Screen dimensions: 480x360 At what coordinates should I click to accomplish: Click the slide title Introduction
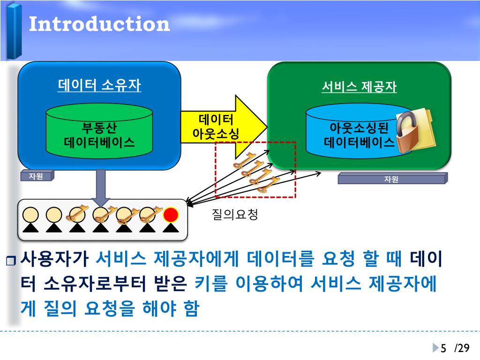tap(99, 24)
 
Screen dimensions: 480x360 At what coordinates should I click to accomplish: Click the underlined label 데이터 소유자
tap(99, 85)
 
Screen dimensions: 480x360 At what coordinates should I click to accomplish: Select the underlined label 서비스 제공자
tap(359, 87)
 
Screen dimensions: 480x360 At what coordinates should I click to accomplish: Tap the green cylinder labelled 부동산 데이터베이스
tap(99, 134)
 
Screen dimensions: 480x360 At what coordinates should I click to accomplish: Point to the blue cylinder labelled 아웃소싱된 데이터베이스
tap(356, 134)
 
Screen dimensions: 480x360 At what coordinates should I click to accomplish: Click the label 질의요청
tap(235, 215)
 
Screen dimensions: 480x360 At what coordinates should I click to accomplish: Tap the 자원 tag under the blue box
tap(37, 176)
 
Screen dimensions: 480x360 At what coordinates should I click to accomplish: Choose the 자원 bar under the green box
tap(392, 179)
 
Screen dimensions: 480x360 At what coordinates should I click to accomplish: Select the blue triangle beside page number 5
tap(435, 348)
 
